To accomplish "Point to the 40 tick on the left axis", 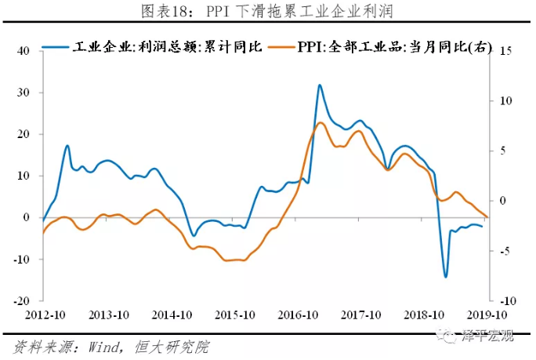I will coord(23,51).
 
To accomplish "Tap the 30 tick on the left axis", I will coord(23,93).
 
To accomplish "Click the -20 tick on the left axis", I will coord(21,301).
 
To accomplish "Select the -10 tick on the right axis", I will coord(505,301).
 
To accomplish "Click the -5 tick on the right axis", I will coord(504,251).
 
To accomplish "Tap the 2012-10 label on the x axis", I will coord(42,315).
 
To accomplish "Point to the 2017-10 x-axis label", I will coord(360,315).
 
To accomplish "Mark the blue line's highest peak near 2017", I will coord(320,85).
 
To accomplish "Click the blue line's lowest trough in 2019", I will coord(445,277).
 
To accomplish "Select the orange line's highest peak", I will coord(320,122).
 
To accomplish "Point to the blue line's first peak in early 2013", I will coord(67,146).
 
